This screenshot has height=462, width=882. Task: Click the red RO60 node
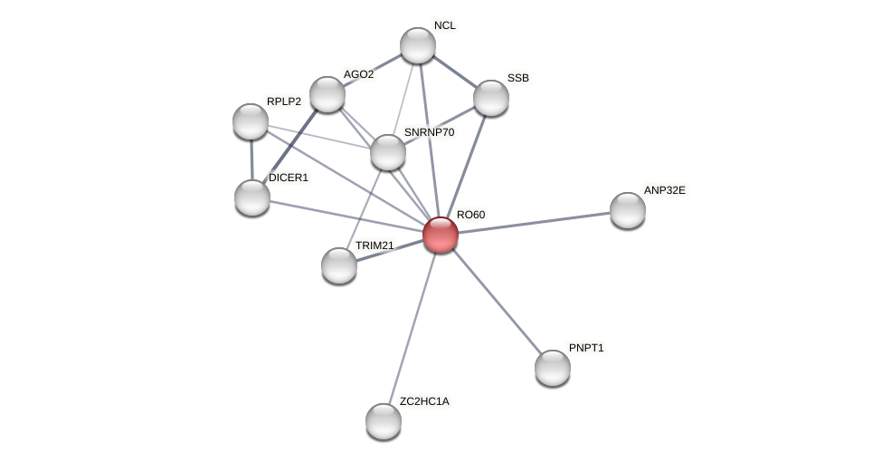[441, 235]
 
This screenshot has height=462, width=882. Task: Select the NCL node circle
[418, 45]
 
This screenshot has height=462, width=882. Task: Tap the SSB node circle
[491, 98]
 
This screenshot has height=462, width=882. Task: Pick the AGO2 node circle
[327, 94]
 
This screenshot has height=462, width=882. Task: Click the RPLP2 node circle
[251, 121]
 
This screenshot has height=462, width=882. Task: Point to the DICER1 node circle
[252, 197]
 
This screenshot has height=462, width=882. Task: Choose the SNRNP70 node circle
[388, 152]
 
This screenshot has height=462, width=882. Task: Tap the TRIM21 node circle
[339, 265]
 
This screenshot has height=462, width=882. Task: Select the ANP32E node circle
[628, 210]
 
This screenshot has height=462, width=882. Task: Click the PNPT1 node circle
[553, 368]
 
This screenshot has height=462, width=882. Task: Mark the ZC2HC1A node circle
[384, 421]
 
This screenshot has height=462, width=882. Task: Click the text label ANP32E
[664, 190]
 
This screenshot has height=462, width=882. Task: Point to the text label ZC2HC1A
[423, 401]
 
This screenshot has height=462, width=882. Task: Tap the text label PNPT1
[586, 348]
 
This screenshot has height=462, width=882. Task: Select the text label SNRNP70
[429, 132]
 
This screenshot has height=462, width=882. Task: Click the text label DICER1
[289, 178]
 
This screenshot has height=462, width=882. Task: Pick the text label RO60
[470, 215]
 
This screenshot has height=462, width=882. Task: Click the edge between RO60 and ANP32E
[534, 223]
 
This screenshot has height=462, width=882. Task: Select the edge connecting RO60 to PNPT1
[497, 301]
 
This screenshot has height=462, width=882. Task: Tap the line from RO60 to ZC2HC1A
[413, 326]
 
